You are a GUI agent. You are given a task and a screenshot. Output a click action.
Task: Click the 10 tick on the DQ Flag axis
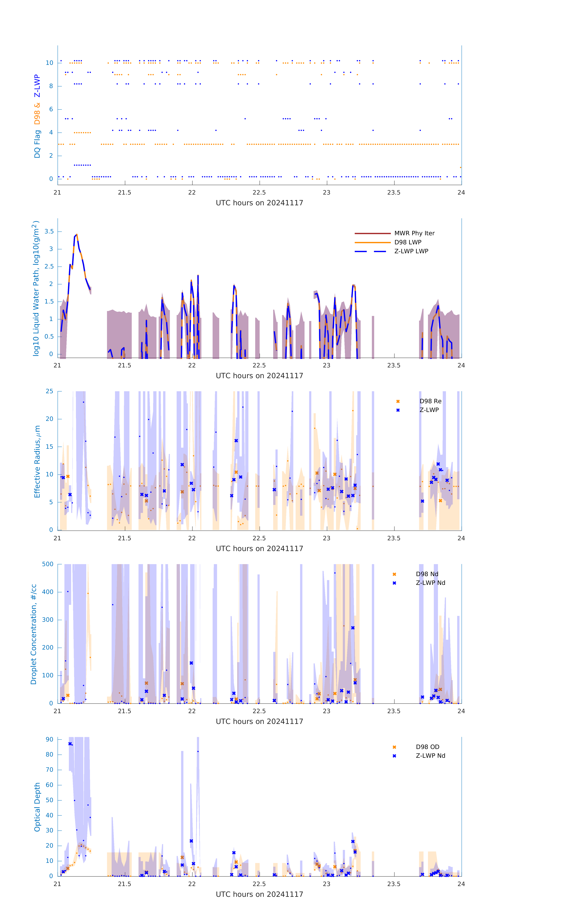click(49, 63)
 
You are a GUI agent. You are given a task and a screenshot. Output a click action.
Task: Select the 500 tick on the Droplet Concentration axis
click(48, 564)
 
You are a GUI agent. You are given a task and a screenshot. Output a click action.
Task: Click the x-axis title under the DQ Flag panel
click(259, 203)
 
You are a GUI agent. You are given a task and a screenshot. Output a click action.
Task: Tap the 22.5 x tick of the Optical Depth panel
click(259, 884)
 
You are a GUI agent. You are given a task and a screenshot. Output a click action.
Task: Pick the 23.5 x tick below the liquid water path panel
click(394, 365)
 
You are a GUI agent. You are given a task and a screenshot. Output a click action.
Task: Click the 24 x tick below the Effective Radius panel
click(461, 538)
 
